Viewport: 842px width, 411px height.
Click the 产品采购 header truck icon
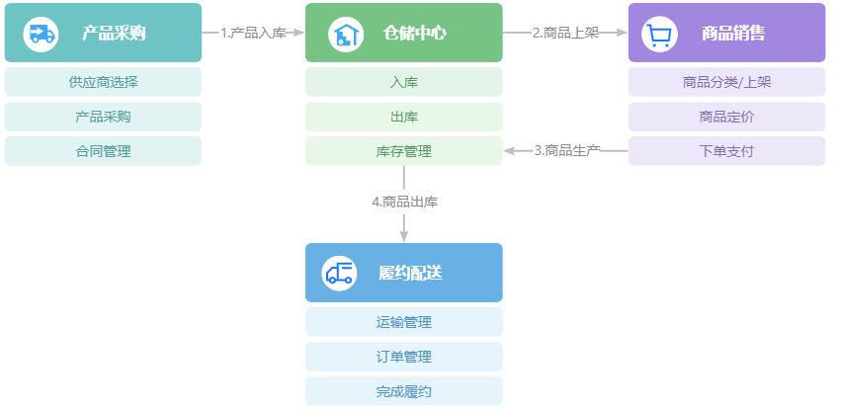[41, 34]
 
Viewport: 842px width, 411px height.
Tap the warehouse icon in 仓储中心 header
[344, 34]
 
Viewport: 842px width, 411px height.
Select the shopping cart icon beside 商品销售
[659, 34]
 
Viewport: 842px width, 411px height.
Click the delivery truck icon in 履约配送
[339, 273]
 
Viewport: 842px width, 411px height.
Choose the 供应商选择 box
[103, 82]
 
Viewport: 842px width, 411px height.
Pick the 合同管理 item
[103, 151]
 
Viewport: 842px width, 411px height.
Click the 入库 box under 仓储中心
[403, 82]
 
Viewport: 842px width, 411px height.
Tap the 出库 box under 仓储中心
[403, 117]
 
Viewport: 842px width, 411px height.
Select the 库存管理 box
[403, 151]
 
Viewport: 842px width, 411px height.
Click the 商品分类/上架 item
[726, 82]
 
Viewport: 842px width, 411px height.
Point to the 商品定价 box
[726, 117]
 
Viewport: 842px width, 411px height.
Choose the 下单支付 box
[726, 151]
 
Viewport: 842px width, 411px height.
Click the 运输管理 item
[403, 322]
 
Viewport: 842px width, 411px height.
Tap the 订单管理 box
[403, 357]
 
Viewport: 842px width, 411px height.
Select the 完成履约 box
[403, 391]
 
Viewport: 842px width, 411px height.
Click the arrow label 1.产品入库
[253, 33]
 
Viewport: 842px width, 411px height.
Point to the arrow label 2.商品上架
[565, 33]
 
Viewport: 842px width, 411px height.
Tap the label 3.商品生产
[567, 151]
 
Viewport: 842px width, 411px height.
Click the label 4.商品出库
[404, 202]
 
